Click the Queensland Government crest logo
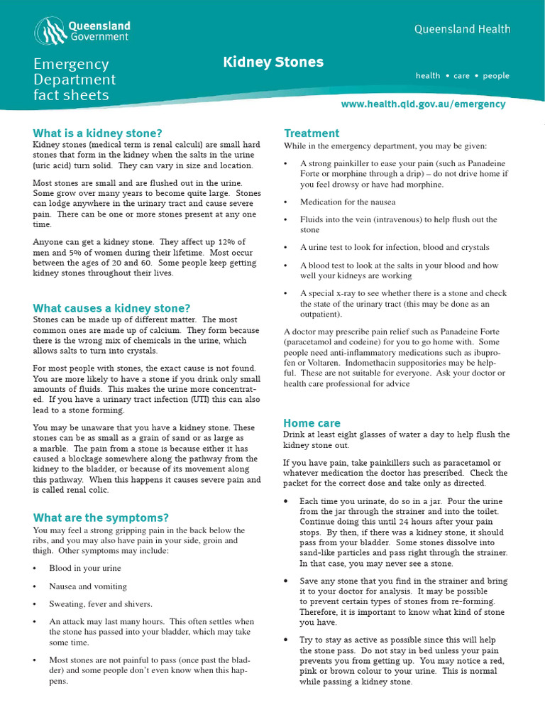(x=50, y=31)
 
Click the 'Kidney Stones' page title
(x=273, y=62)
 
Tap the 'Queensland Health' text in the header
(x=462, y=29)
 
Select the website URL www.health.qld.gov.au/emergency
(x=423, y=104)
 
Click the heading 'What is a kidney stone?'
(x=98, y=133)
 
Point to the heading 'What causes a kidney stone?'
(x=112, y=308)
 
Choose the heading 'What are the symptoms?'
(x=101, y=518)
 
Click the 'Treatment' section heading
(x=312, y=133)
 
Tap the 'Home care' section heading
(x=312, y=423)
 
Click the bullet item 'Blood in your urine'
(x=85, y=568)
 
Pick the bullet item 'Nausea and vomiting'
(x=88, y=586)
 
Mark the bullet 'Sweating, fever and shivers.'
(x=101, y=604)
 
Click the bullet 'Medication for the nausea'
(x=348, y=202)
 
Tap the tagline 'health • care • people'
(x=463, y=75)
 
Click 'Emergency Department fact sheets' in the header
(x=75, y=80)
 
